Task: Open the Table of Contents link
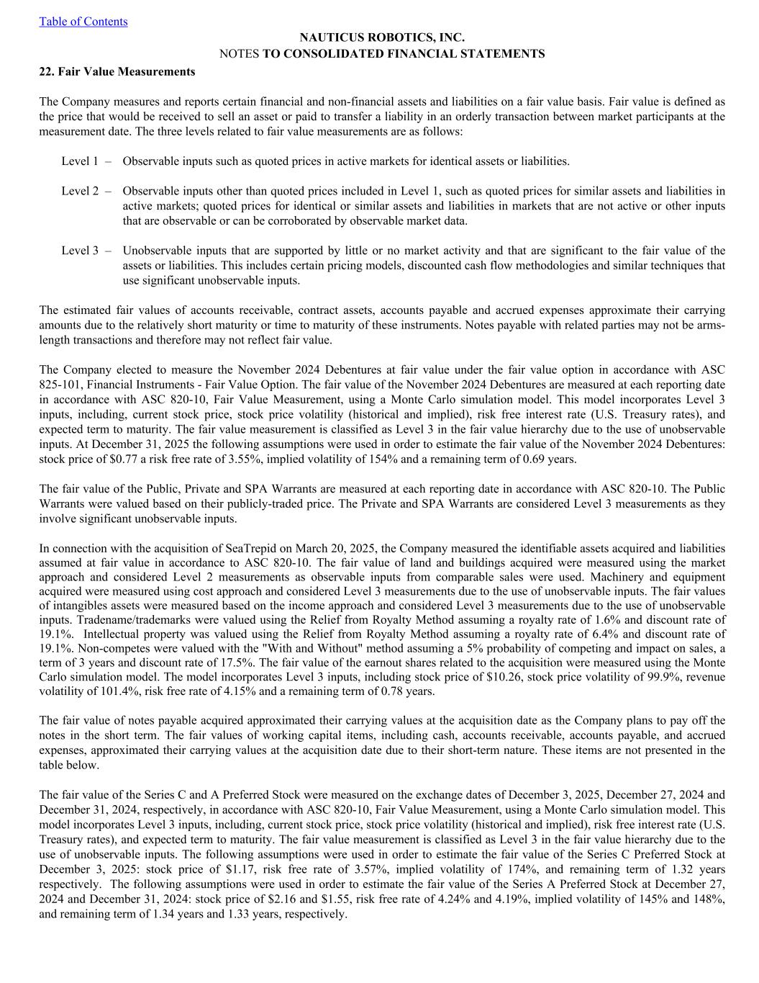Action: (83, 22)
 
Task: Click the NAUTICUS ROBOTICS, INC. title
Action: (381, 37)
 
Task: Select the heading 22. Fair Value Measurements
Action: (117, 71)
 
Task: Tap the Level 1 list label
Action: (80, 161)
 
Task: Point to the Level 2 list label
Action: (80, 191)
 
